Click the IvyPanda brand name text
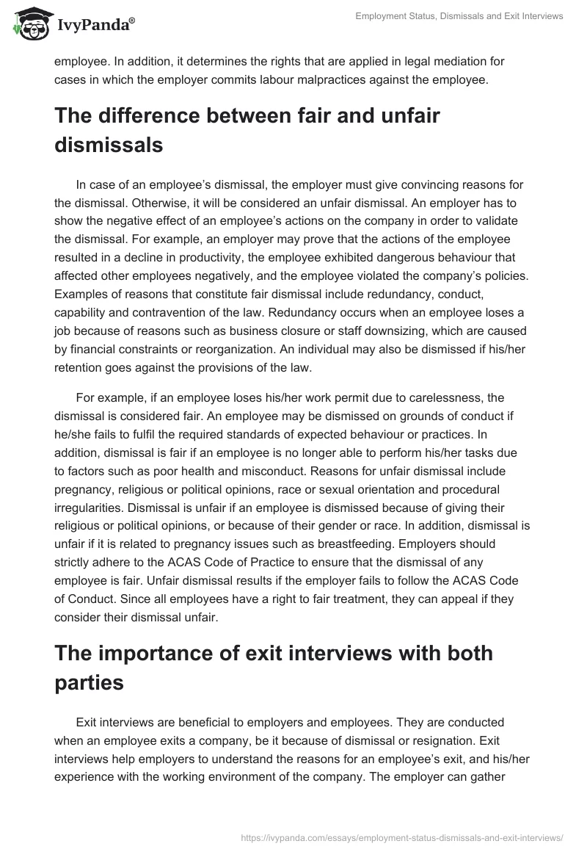point(93,26)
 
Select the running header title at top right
point(459,16)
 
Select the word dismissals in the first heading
point(109,145)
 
